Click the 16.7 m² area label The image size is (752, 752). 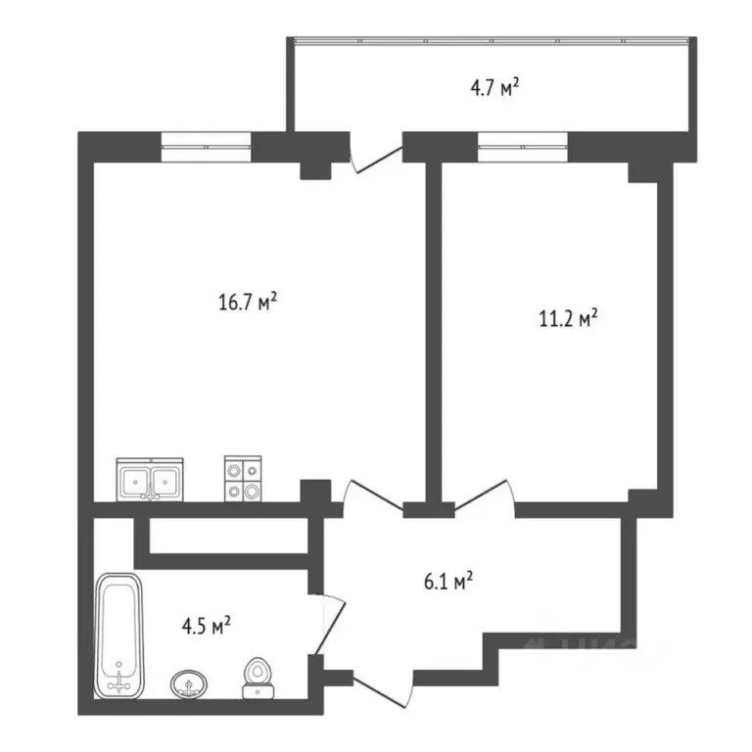[248, 302]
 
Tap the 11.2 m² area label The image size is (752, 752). [569, 319]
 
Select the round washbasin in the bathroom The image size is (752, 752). [188, 682]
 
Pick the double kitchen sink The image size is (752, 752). [150, 480]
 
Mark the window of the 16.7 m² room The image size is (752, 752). [207, 145]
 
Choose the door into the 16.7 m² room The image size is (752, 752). [372, 494]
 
